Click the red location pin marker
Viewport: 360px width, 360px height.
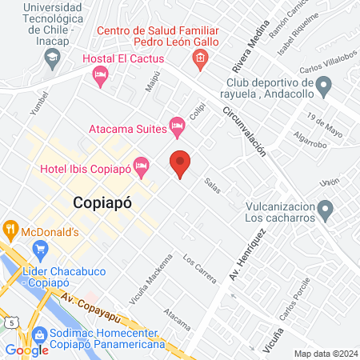point(181,163)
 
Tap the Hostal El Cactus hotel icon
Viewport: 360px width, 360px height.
point(100,75)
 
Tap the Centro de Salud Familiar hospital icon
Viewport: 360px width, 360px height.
point(199,58)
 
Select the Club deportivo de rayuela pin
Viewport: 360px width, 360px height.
point(324,84)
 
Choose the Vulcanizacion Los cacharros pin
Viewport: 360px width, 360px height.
point(325,210)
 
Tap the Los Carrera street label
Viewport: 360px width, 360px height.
point(199,270)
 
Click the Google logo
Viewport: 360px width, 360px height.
point(27,350)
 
